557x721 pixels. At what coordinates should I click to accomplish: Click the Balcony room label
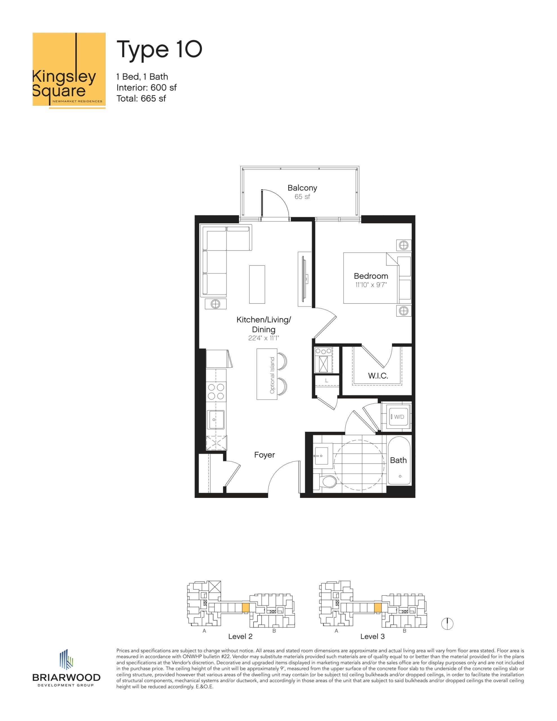(x=302, y=188)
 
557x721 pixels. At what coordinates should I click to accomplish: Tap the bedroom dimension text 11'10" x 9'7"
(x=371, y=284)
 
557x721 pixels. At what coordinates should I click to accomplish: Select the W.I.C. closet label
(x=378, y=376)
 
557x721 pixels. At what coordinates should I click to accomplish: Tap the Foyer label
(x=264, y=455)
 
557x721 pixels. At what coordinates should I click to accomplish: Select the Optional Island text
(x=272, y=375)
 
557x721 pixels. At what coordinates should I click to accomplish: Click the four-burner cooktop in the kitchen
(x=216, y=391)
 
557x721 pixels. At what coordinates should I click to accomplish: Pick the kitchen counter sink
(x=216, y=420)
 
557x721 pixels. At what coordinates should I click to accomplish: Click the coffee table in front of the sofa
(x=257, y=284)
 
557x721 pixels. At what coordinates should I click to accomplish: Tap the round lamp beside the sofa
(x=216, y=304)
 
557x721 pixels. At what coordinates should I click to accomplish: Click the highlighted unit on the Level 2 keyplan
(x=245, y=607)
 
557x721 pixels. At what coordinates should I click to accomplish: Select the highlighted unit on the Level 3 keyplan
(x=377, y=607)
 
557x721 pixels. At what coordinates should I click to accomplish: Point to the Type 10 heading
(x=159, y=50)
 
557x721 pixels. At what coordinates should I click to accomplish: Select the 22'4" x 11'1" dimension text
(x=263, y=338)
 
